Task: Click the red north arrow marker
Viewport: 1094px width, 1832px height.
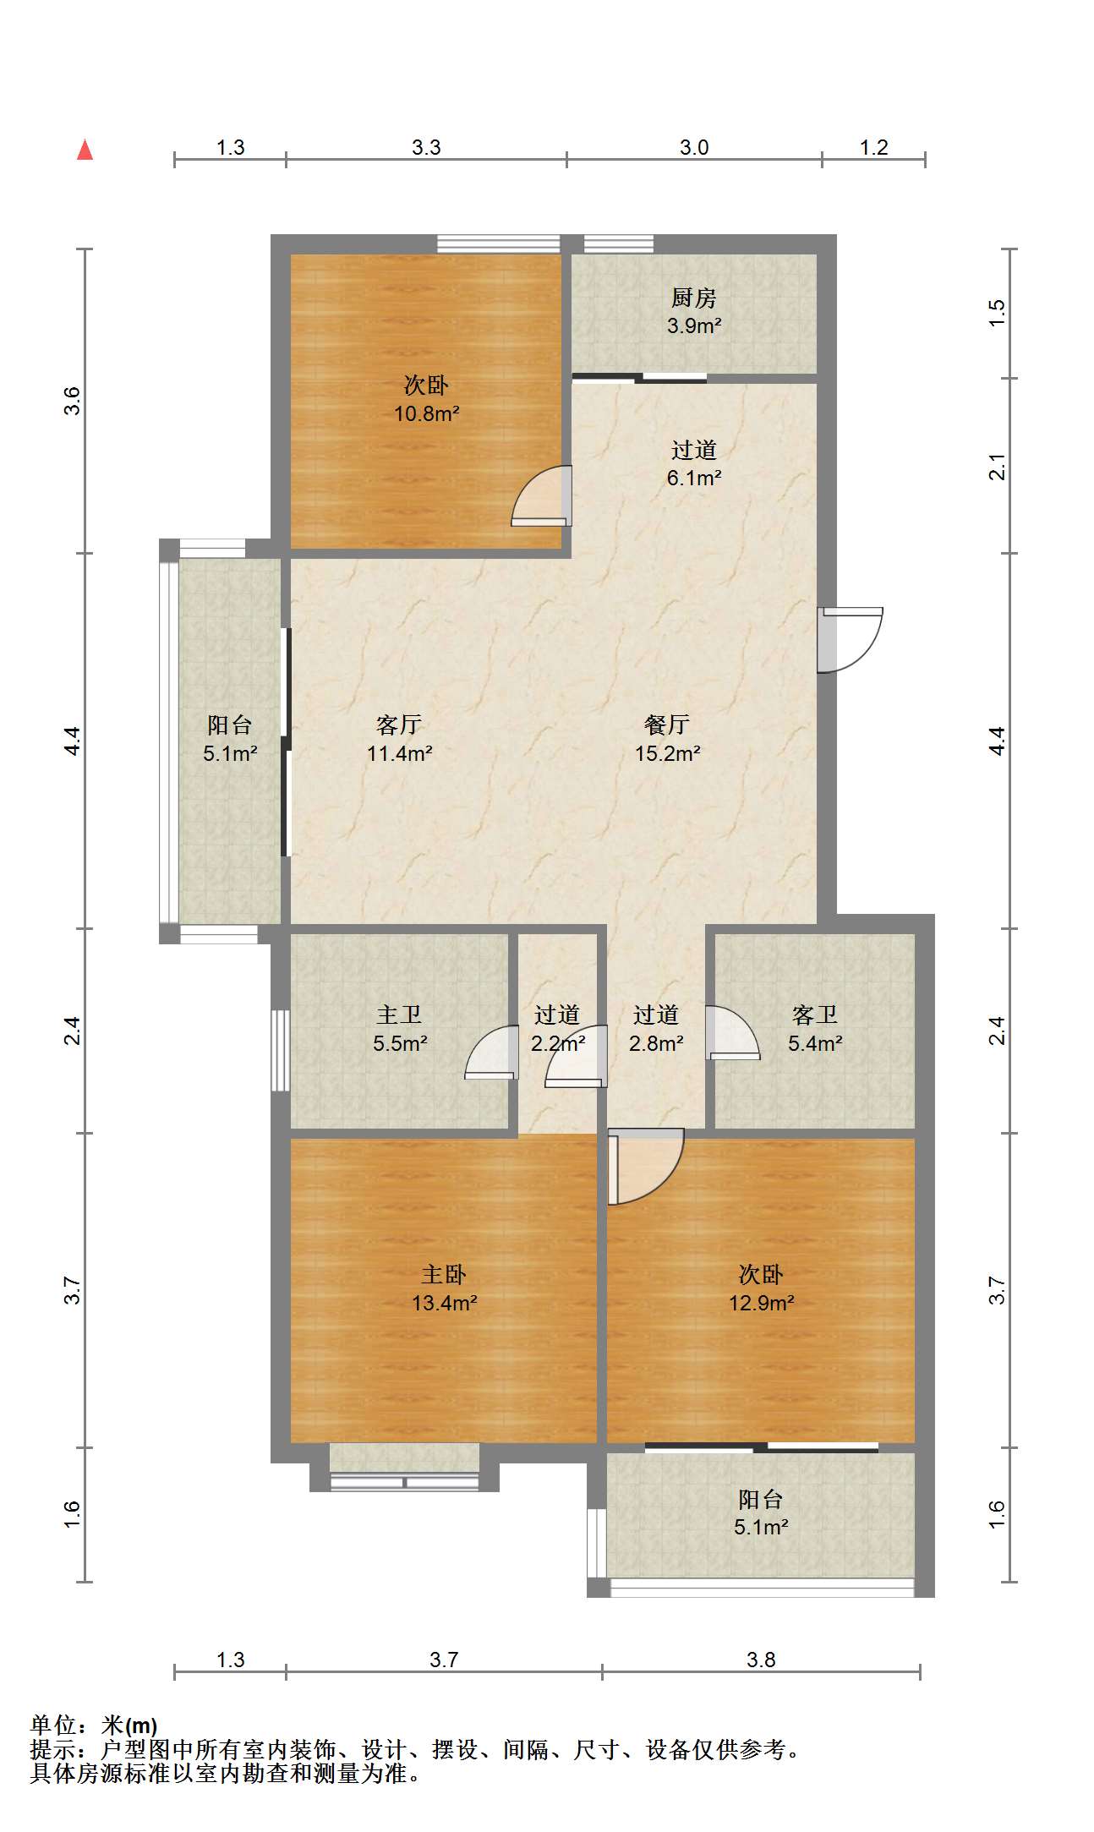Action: pyautogui.click(x=85, y=150)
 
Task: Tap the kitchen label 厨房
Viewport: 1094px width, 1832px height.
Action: pyautogui.click(x=693, y=298)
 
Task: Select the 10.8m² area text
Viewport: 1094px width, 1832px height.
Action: pyautogui.click(x=426, y=413)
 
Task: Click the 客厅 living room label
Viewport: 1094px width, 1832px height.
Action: pyautogui.click(x=399, y=725)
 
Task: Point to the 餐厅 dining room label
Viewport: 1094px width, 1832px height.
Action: pyautogui.click(x=667, y=725)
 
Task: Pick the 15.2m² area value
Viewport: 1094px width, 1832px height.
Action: pyautogui.click(x=668, y=753)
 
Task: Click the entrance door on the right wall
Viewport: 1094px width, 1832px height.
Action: pyautogui.click(x=850, y=640)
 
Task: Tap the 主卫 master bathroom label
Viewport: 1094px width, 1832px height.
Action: pyautogui.click(x=399, y=1014)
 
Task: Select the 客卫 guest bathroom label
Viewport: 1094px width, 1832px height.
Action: pyautogui.click(x=815, y=1014)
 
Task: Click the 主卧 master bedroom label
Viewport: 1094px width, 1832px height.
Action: pyautogui.click(x=444, y=1274)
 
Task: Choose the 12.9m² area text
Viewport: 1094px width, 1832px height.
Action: pyautogui.click(x=762, y=1303)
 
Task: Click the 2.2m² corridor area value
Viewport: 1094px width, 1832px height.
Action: pyautogui.click(x=558, y=1043)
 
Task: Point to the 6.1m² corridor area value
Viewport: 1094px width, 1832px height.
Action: pyautogui.click(x=694, y=478)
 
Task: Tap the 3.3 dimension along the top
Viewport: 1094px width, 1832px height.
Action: pyautogui.click(x=426, y=147)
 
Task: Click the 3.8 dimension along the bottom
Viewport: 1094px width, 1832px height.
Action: pyautogui.click(x=761, y=1660)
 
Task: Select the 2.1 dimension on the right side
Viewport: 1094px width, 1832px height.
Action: pyautogui.click(x=998, y=467)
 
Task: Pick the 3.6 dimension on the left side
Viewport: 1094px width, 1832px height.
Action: pyautogui.click(x=73, y=401)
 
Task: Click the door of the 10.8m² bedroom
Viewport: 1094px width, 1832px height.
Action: pyautogui.click(x=542, y=495)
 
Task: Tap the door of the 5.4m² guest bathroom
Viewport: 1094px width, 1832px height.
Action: pyautogui.click(x=733, y=1032)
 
